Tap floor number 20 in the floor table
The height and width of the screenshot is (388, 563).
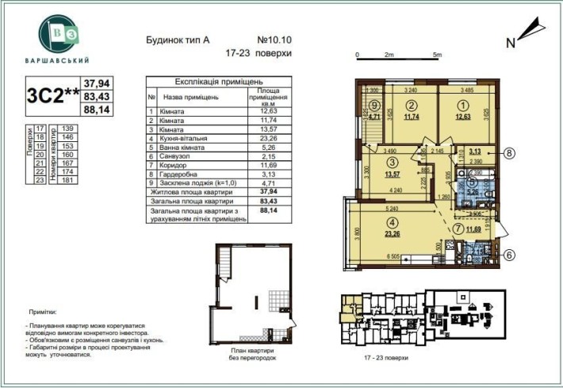40,156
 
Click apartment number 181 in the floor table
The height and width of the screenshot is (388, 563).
67,181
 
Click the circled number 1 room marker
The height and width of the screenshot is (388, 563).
463,105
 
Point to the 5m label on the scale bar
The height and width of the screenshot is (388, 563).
437,55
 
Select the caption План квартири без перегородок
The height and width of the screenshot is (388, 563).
255,353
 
